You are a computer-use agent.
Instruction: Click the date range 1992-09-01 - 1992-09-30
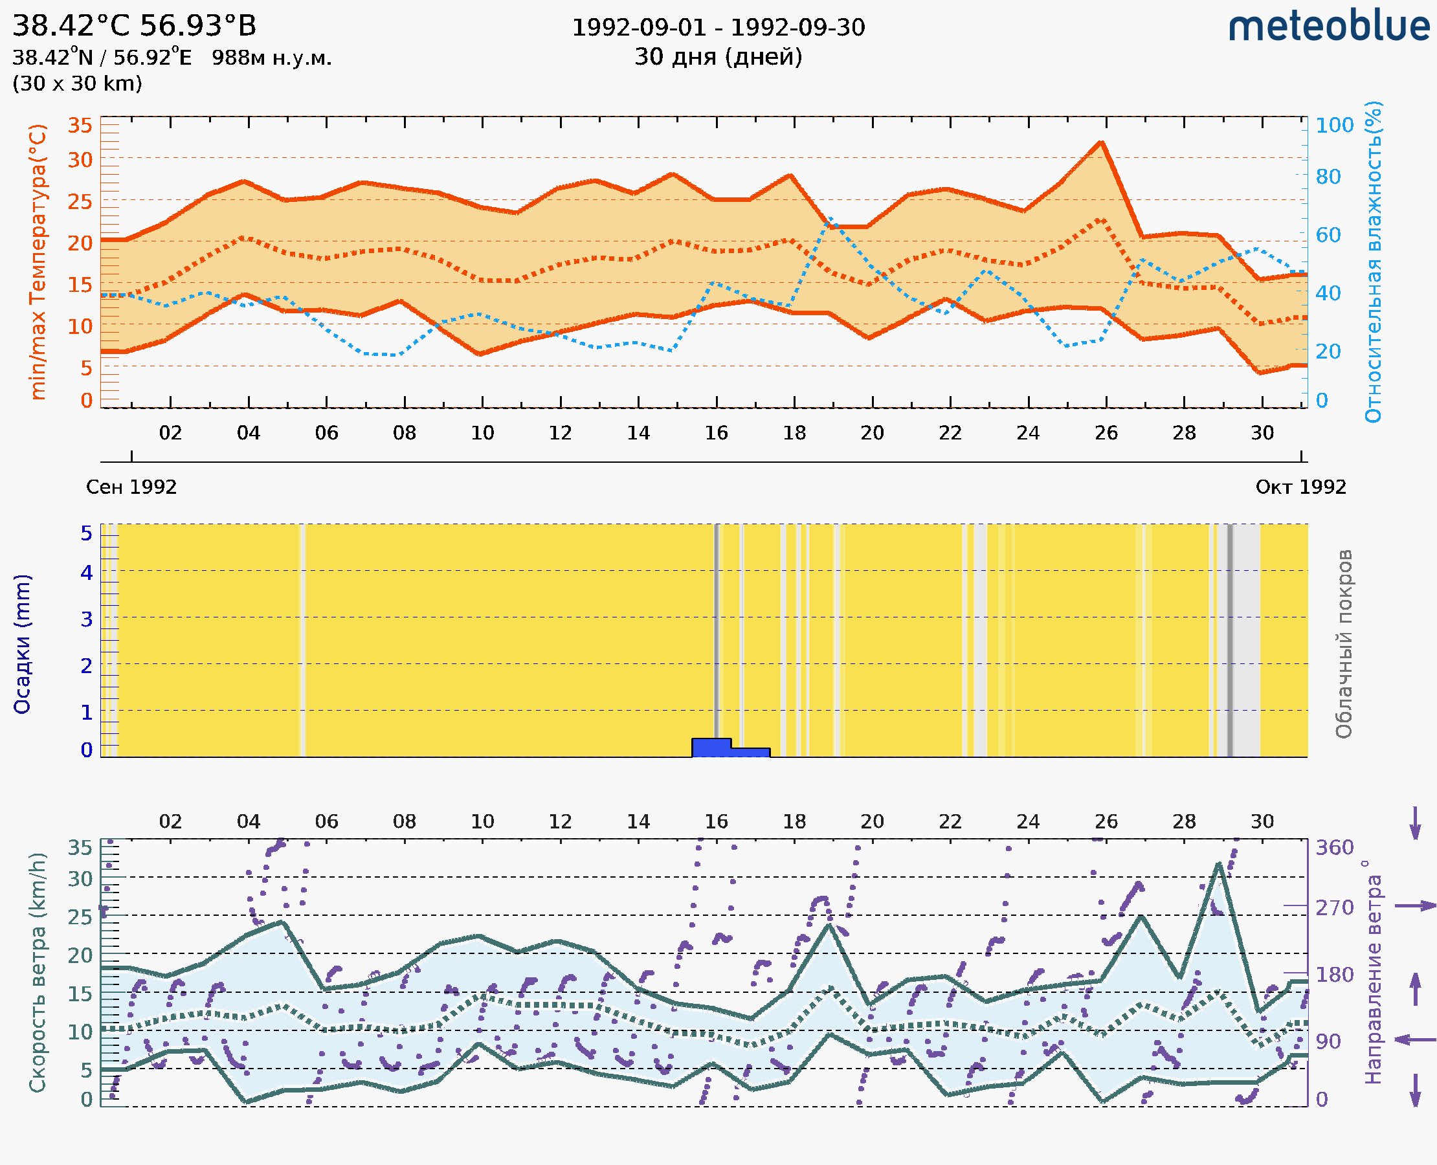tap(718, 28)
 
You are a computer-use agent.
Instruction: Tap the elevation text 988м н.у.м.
tap(271, 58)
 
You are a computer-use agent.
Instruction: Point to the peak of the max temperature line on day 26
tap(1101, 142)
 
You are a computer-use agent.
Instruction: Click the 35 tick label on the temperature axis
tap(80, 125)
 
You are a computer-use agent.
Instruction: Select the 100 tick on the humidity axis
tap(1334, 125)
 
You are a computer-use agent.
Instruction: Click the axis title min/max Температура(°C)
tap(39, 261)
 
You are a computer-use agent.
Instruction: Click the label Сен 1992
tap(131, 487)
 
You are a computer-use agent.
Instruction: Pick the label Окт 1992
tap(1301, 487)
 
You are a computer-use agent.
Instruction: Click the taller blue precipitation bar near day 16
tap(711, 748)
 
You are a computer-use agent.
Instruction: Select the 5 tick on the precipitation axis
tap(87, 533)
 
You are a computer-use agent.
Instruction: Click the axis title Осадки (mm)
tap(22, 644)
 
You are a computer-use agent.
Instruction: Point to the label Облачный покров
tap(1344, 644)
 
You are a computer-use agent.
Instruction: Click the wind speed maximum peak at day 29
tap(1218, 863)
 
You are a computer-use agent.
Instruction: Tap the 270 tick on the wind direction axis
tap(1334, 907)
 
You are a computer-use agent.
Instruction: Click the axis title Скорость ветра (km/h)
tap(38, 973)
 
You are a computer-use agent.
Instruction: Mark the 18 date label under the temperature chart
tap(794, 433)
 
